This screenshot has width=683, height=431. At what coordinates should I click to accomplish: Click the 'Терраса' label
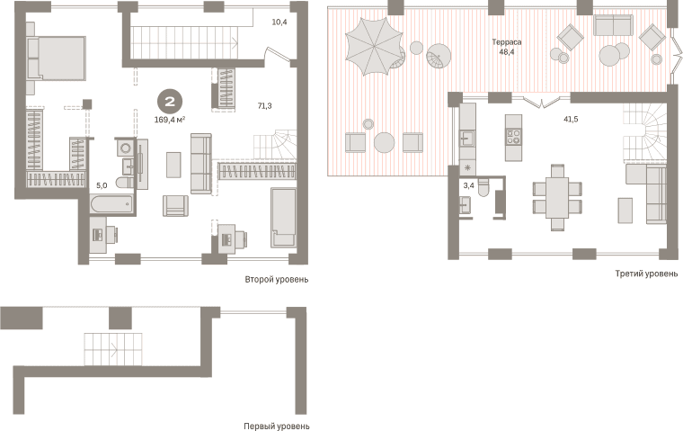pyautogui.click(x=507, y=42)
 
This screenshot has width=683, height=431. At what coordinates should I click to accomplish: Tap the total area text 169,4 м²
pyautogui.click(x=170, y=120)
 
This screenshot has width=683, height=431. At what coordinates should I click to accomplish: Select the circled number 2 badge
pyautogui.click(x=170, y=102)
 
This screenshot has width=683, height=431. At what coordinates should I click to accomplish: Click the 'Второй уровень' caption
pyautogui.click(x=276, y=279)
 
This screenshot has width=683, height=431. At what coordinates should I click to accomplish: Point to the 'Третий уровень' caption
pyautogui.click(x=646, y=274)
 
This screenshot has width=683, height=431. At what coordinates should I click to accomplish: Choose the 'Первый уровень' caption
pyautogui.click(x=276, y=426)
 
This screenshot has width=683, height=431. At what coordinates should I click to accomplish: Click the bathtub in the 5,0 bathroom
pyautogui.click(x=112, y=204)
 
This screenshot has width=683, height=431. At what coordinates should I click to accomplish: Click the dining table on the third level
pyautogui.click(x=557, y=197)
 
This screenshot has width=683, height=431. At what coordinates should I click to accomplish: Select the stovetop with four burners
pyautogui.click(x=513, y=136)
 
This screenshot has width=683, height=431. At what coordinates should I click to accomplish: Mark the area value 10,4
pyautogui.click(x=279, y=22)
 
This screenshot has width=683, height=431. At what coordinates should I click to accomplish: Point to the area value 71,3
pyautogui.click(x=265, y=105)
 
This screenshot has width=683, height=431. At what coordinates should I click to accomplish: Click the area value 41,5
pyautogui.click(x=571, y=119)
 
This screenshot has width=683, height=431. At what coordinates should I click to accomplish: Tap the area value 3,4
pyautogui.click(x=469, y=185)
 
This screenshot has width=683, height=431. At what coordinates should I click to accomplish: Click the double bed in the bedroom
pyautogui.click(x=56, y=58)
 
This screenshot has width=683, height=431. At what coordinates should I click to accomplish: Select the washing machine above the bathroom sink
pyautogui.click(x=126, y=148)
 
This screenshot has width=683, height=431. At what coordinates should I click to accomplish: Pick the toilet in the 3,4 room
pyautogui.click(x=484, y=187)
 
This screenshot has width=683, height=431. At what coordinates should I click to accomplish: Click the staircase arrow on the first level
pyautogui.click(x=114, y=349)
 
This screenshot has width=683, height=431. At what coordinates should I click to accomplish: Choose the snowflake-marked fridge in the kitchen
pyautogui.click(x=468, y=168)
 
